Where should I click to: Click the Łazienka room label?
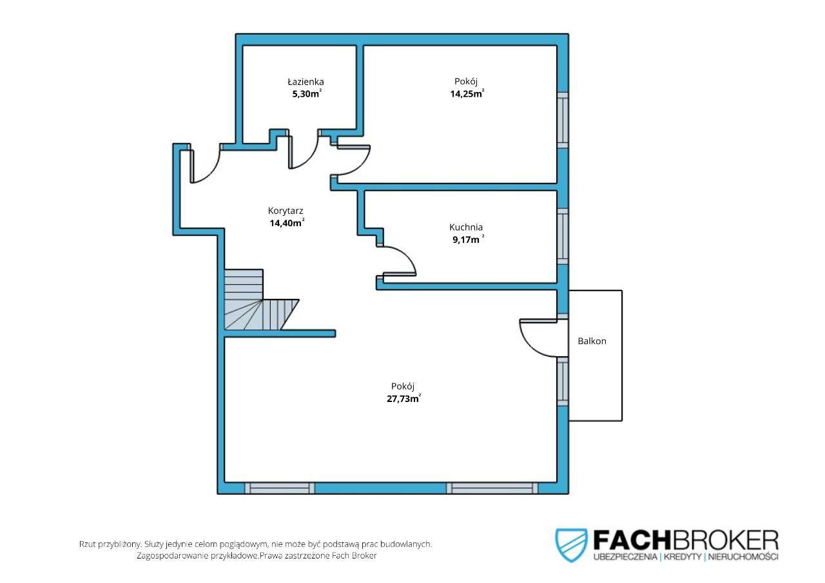(306, 81)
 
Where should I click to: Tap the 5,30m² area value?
(307, 93)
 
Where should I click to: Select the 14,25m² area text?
(467, 93)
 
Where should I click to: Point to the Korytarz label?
(286, 211)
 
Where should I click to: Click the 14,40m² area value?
(287, 223)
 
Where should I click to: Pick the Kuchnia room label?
(466, 227)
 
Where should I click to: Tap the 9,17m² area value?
(468, 240)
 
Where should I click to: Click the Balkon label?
(592, 341)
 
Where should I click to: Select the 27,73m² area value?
(403, 399)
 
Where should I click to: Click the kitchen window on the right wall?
(563, 236)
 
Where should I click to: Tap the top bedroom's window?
(563, 120)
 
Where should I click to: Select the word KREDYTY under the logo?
(683, 557)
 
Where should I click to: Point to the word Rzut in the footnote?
(87, 544)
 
